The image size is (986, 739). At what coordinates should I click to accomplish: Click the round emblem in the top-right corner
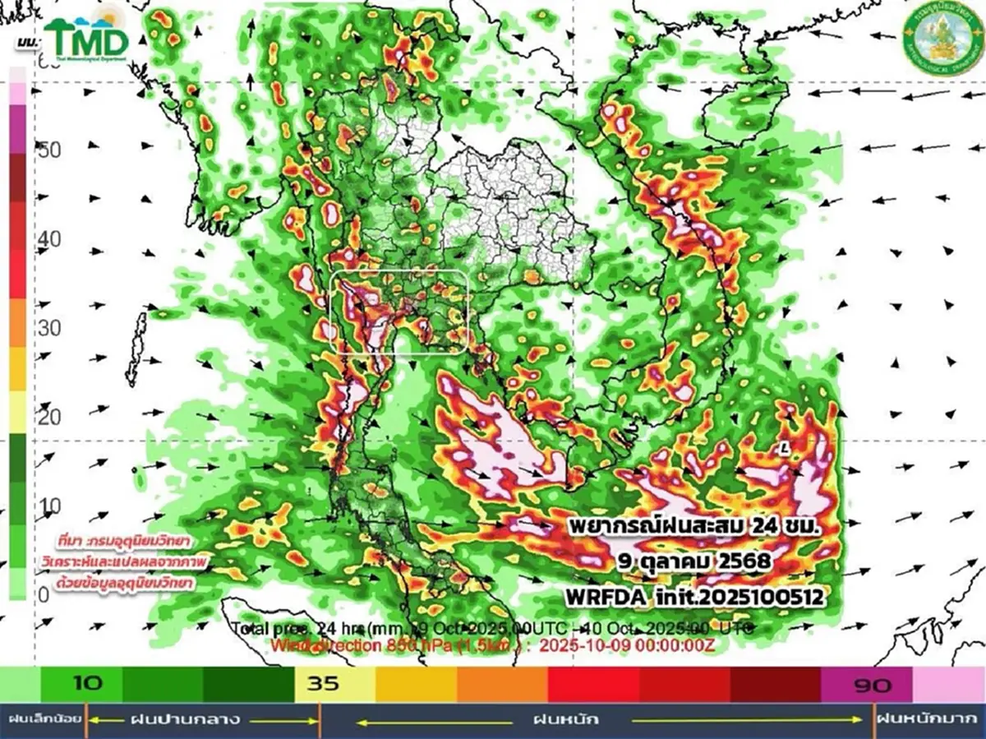pos(942,37)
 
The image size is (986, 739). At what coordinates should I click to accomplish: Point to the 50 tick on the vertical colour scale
pos(50,150)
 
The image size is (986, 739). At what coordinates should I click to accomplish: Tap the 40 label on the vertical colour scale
pos(50,239)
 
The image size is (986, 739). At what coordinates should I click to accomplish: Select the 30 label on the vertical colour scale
pos(50,328)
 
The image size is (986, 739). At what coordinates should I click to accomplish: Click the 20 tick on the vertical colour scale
pos(50,417)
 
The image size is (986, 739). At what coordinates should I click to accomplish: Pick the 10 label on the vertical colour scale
pos(50,505)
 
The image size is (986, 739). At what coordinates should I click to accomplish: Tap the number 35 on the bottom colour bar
pos(323,684)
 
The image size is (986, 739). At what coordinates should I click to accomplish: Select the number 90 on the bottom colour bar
pos(873,685)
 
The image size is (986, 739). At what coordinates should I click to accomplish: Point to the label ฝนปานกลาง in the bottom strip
pos(185,720)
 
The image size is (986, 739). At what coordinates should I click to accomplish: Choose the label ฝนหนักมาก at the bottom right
pos(928,720)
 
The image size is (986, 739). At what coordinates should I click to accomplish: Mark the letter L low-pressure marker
pos(786,448)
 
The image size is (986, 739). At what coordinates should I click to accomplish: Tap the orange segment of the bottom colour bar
pos(501,684)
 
